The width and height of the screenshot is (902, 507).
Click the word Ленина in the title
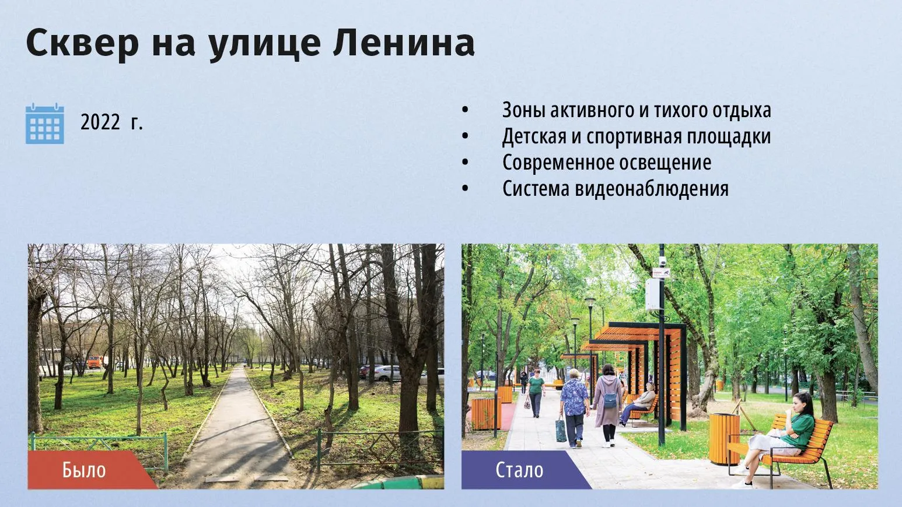[404, 43]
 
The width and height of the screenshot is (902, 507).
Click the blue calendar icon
[45, 124]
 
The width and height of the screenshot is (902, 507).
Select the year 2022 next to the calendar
[100, 122]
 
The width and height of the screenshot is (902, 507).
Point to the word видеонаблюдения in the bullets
[652, 189]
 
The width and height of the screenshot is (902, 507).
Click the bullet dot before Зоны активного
[466, 110]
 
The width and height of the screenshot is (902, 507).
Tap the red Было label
[84, 470]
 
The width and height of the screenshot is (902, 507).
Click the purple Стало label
[519, 470]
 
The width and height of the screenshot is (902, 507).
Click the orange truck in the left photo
[96, 362]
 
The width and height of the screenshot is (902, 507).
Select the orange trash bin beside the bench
[724, 439]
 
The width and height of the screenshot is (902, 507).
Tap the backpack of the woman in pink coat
[610, 399]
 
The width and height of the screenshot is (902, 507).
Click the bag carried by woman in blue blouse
[561, 428]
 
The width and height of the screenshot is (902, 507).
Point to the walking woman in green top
[536, 393]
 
